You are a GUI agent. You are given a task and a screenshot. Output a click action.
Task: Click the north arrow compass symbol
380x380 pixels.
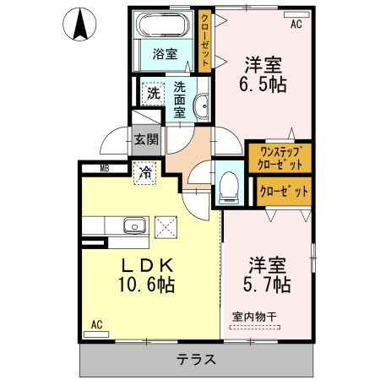click(79, 24)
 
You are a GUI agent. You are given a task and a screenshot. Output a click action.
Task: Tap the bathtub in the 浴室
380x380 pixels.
click(163, 24)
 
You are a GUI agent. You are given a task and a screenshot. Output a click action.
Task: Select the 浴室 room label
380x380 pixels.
click(165, 54)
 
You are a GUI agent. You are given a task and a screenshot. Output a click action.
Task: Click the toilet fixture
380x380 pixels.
click(229, 187)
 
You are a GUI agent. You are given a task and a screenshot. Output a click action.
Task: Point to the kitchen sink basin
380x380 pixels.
click(135, 225)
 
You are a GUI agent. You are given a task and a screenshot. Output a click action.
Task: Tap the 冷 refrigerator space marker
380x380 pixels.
click(145, 173)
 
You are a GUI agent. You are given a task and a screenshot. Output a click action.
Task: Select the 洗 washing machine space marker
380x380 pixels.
click(153, 94)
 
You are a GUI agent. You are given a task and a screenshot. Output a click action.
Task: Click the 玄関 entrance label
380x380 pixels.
click(146, 139)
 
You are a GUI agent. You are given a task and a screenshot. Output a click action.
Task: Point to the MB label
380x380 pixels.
click(105, 169)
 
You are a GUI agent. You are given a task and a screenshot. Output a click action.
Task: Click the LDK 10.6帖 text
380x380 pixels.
click(147, 275)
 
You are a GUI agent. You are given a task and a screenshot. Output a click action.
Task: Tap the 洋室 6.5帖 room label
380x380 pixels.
click(263, 75)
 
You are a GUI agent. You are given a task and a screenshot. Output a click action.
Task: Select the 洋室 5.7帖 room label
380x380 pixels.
click(267, 274)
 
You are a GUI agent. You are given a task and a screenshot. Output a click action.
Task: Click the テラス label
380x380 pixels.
click(196, 360)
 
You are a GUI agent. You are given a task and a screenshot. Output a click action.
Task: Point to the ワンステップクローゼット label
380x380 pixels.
click(280, 158)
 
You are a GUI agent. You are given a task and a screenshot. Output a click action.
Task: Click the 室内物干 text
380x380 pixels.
click(254, 317)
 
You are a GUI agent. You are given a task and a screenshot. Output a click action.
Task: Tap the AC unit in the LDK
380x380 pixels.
click(96, 334)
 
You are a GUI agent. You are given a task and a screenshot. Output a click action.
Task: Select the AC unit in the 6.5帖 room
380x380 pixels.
click(296, 15)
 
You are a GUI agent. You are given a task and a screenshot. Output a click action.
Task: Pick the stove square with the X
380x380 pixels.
click(166, 227)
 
